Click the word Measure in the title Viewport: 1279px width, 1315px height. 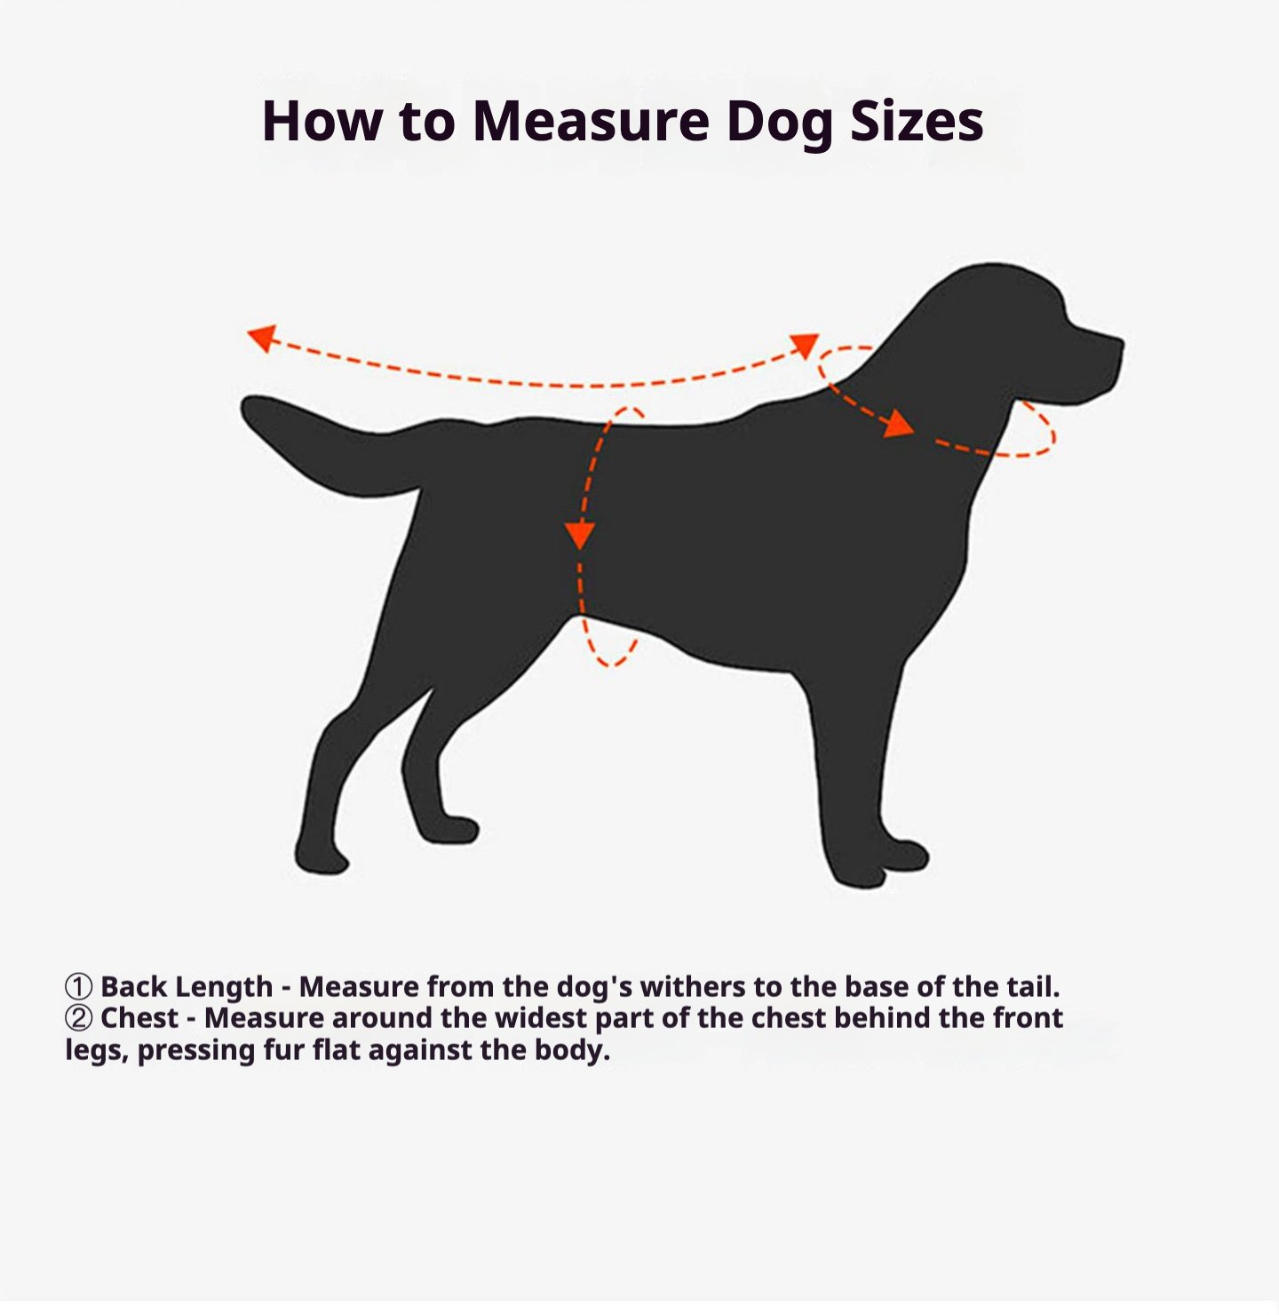click(x=592, y=122)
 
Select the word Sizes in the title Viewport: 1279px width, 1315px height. click(x=917, y=122)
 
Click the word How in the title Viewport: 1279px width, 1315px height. click(x=322, y=122)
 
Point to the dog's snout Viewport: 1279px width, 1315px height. click(x=1094, y=358)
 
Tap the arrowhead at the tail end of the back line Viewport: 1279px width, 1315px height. click(x=262, y=338)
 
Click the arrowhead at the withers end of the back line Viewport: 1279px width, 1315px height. click(x=806, y=345)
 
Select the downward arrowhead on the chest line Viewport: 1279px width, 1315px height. click(x=579, y=535)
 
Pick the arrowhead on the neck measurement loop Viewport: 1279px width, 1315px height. click(x=899, y=424)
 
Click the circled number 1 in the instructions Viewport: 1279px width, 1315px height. click(x=78, y=987)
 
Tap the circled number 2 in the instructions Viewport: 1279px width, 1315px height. click(x=78, y=1018)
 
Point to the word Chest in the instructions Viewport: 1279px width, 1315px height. click(x=139, y=1018)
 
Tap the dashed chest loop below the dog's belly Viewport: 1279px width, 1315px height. click(x=610, y=665)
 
